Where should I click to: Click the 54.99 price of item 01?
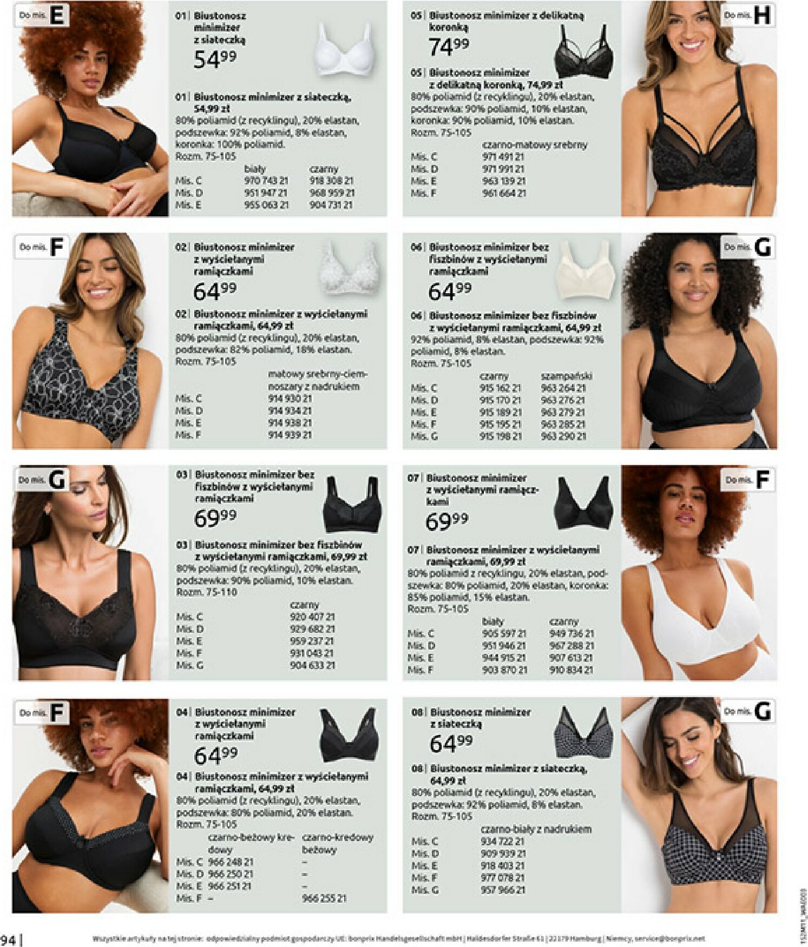(215, 59)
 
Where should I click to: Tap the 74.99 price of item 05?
(449, 47)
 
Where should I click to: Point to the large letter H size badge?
(761, 16)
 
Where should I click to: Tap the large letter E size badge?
(57, 16)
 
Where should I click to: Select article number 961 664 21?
(503, 193)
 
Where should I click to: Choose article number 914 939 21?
(290, 435)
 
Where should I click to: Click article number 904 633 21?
(312, 666)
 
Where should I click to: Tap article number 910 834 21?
(571, 670)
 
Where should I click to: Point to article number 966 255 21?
(324, 898)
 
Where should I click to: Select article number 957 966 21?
(502, 890)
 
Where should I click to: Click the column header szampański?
(566, 376)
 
